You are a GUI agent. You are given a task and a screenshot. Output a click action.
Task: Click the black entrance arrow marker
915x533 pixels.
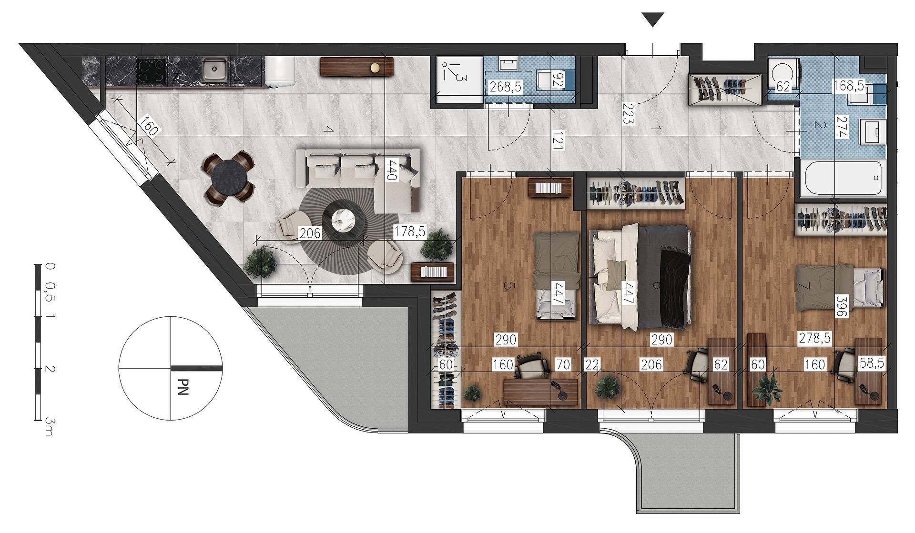tap(653, 20)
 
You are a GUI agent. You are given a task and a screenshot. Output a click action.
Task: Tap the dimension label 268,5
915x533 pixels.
tap(506, 87)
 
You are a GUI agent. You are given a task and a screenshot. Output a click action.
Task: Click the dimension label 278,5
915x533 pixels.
tap(814, 338)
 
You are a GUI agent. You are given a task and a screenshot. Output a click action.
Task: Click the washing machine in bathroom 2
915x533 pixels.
tap(783, 72)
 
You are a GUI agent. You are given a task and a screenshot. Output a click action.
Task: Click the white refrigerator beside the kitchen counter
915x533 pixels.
tap(280, 72)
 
